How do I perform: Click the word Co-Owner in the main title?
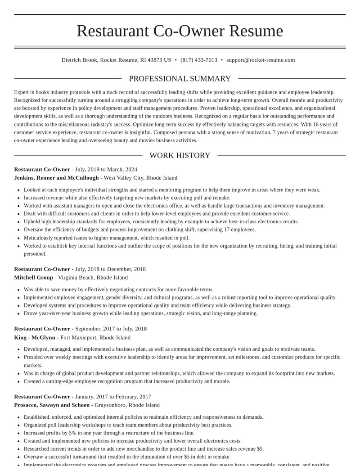tap(189, 31)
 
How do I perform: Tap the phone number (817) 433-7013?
tap(199, 60)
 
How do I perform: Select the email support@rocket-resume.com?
tap(261, 60)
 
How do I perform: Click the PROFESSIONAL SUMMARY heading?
tap(180, 79)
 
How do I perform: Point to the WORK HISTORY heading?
tap(180, 155)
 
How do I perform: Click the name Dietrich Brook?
tap(79, 60)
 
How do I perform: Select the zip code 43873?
tap(155, 60)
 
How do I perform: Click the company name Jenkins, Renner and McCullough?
tap(56, 178)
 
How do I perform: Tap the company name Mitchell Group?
tap(33, 277)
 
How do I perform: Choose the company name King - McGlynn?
tap(35, 337)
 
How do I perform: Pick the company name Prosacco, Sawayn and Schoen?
tap(52, 405)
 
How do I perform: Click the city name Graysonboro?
tap(110, 405)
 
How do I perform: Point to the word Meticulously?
tap(40, 238)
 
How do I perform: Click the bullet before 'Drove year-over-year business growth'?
tap(18, 313)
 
